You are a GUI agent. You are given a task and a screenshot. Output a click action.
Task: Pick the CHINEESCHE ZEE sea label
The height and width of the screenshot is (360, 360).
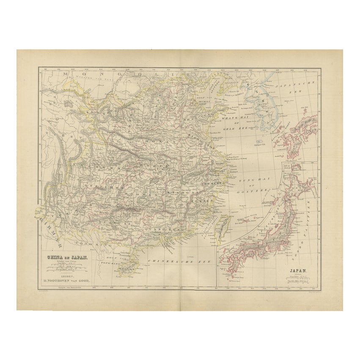pos(173,261)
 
